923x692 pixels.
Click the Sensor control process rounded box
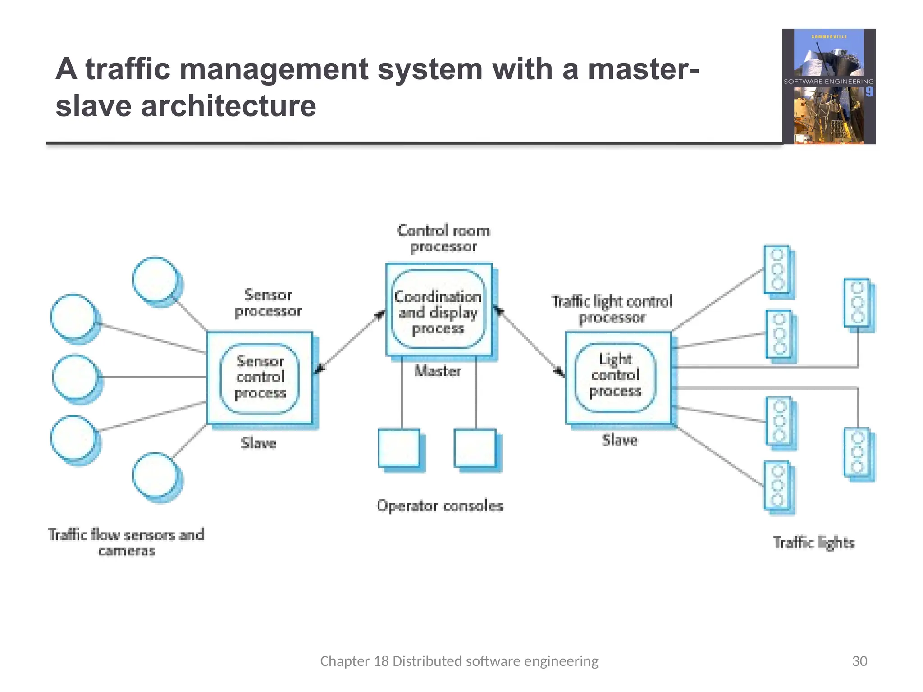tap(260, 378)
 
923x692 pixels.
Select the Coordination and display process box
tap(438, 311)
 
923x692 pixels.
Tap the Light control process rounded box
tap(615, 376)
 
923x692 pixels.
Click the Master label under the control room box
tap(438, 371)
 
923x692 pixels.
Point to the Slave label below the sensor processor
tap(259, 443)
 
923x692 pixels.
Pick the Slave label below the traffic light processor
tap(620, 440)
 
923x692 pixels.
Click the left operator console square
tap(399, 448)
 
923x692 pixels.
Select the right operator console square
tap(475, 448)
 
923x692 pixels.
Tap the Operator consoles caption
tap(440, 505)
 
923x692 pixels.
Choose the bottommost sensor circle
tap(155, 475)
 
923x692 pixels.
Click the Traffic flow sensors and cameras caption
tap(127, 542)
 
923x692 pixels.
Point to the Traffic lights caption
tap(813, 542)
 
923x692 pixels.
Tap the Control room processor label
tap(443, 238)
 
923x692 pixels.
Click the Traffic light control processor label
tap(612, 309)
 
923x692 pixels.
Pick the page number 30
tap(859, 661)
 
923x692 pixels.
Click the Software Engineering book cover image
tap(828, 86)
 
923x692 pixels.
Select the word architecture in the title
tap(228, 106)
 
